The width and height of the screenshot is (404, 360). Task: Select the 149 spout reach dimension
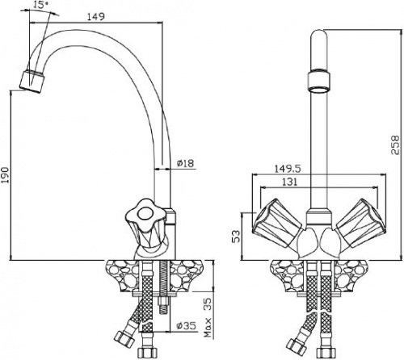[95, 17]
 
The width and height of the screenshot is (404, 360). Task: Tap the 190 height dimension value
[5, 175]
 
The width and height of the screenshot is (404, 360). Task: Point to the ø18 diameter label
[185, 163]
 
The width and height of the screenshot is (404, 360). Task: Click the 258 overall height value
[395, 144]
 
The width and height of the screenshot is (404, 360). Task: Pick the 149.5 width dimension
[288, 169]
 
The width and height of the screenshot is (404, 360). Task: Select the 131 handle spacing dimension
[290, 182]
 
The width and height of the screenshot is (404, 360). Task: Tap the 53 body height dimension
[236, 237]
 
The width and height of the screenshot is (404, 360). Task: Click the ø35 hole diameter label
[187, 326]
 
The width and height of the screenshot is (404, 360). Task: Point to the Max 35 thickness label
[208, 318]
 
